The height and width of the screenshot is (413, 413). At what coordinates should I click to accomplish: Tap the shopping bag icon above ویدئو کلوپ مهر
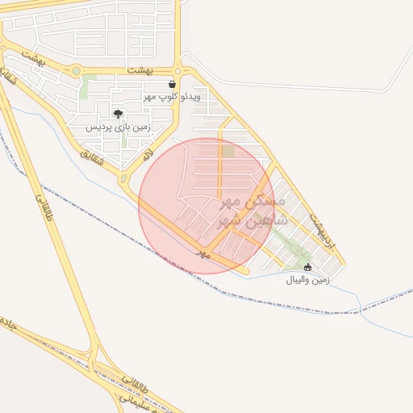pos(172,84)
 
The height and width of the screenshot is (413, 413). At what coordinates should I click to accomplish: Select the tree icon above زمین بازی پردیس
pos(119,114)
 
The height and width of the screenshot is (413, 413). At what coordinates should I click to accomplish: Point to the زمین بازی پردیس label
pos(119,127)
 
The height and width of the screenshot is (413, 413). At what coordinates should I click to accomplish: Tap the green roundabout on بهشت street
pos(76,71)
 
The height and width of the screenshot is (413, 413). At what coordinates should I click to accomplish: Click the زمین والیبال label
pos(307,280)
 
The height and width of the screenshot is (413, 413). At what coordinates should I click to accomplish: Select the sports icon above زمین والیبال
pos(307,267)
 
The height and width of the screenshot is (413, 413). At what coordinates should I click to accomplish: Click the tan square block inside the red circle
pos(229,151)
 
